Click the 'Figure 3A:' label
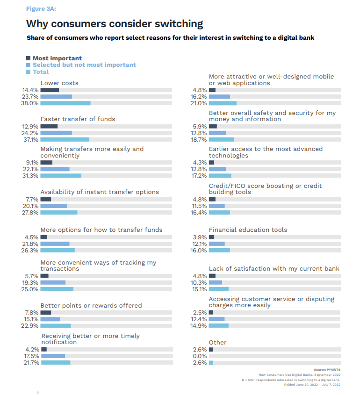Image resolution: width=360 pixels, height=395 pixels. (42, 8)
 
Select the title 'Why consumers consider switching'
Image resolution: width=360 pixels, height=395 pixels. (115, 23)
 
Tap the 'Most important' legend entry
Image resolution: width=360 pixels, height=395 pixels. (57, 58)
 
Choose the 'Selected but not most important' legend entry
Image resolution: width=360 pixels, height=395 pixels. (84, 65)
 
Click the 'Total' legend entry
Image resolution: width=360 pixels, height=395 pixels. (41, 72)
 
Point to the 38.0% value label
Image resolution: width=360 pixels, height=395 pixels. (30, 103)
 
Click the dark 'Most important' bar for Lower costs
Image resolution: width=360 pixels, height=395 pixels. (50, 90)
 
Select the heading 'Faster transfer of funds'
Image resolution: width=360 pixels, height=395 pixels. (78, 119)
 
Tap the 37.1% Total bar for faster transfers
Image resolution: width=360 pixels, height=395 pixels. (65, 139)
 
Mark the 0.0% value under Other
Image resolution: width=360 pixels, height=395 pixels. (199, 356)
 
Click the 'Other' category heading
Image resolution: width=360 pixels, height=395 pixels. (217, 343)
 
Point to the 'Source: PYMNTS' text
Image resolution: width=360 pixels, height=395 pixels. (327, 369)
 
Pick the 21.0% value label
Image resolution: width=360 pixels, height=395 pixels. (199, 103)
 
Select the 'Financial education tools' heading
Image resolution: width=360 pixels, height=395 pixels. (248, 230)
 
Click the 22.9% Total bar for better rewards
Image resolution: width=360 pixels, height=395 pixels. (56, 326)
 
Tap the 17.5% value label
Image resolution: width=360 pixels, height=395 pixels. (31, 356)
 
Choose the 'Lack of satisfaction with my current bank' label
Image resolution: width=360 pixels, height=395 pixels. (274, 269)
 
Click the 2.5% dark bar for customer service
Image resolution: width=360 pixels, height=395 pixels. (211, 312)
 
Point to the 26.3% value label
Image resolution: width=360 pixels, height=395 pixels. (30, 250)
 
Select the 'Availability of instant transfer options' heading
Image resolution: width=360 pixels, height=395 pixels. (100, 192)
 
